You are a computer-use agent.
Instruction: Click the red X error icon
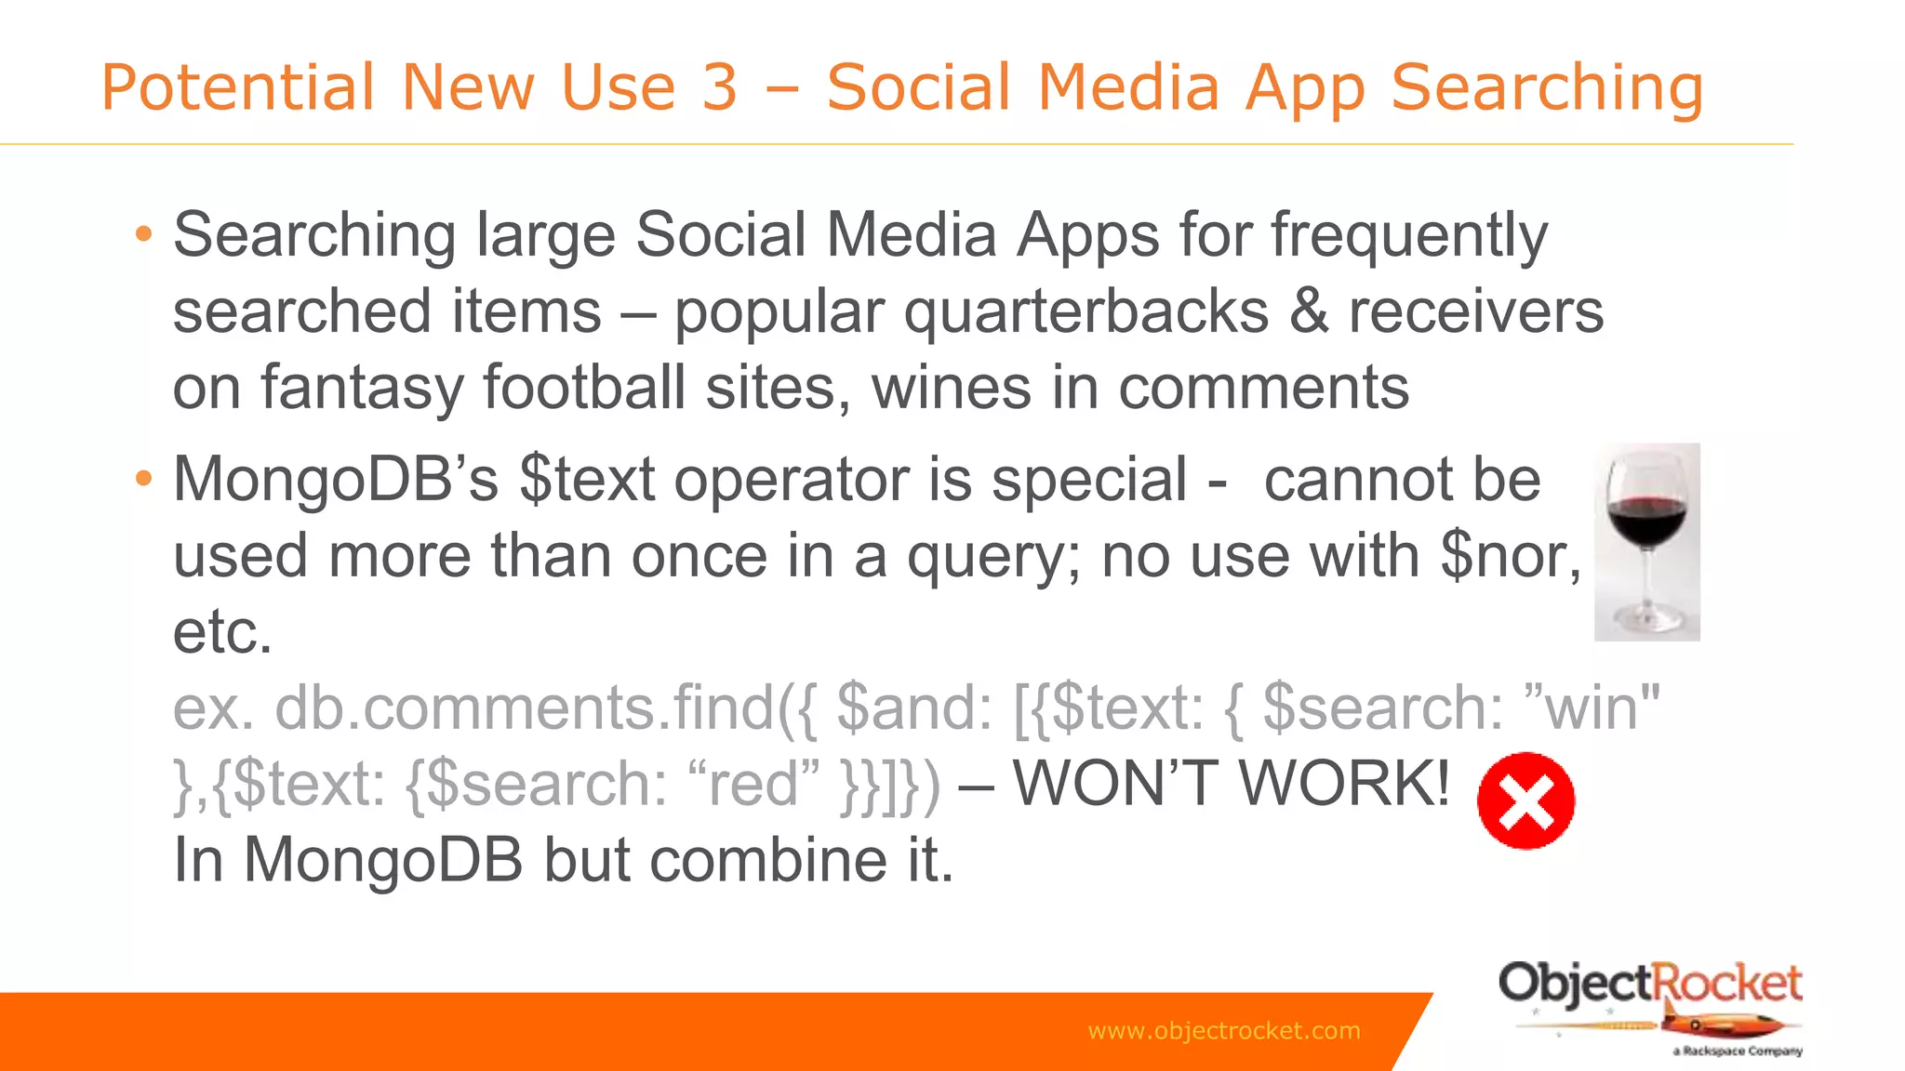click(1525, 800)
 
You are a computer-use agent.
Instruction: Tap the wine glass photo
click(1646, 542)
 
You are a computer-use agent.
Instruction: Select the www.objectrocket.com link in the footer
click(1223, 1030)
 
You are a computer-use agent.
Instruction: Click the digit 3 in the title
click(719, 87)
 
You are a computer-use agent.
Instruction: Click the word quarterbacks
click(1086, 311)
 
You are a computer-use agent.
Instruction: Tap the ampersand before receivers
click(1309, 311)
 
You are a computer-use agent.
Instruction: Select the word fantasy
click(362, 388)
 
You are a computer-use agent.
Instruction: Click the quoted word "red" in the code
click(753, 783)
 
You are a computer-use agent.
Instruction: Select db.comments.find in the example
click(525, 707)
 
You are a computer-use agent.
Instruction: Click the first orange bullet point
click(143, 233)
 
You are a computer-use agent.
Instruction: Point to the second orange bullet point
click(143, 479)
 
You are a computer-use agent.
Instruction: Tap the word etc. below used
click(223, 632)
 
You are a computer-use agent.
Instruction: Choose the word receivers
click(1476, 311)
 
